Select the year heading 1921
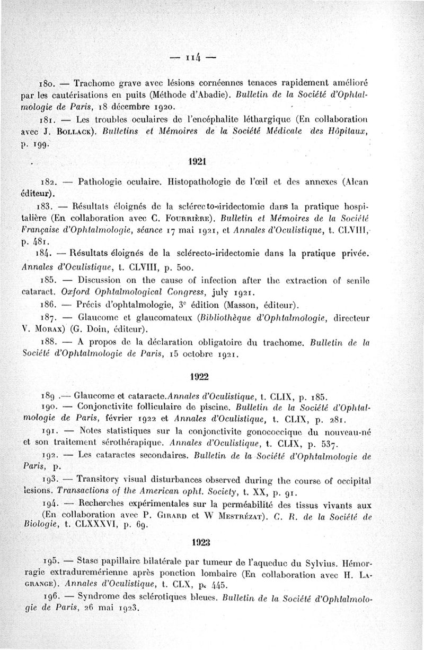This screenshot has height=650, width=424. (198, 160)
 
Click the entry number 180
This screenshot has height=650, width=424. (49, 84)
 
